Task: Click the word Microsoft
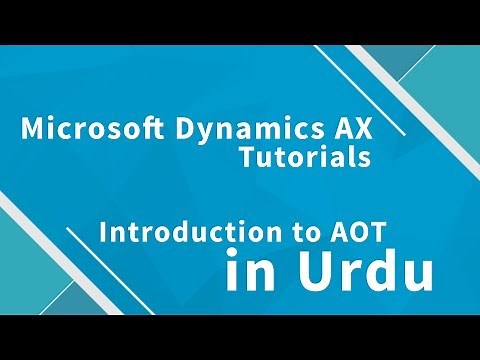click(x=74, y=130)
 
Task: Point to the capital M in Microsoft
click(x=30, y=130)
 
